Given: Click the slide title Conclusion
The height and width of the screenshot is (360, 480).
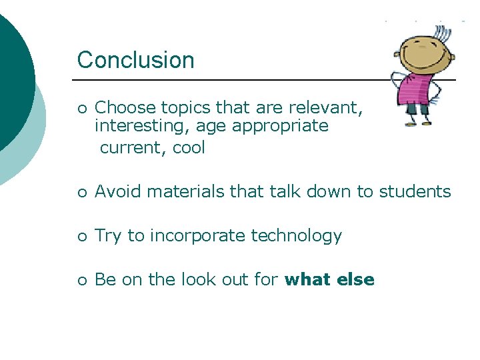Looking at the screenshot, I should tap(135, 60).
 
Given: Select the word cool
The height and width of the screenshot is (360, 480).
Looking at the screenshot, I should tap(189, 148).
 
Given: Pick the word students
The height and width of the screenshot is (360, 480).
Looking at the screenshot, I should tap(415, 192).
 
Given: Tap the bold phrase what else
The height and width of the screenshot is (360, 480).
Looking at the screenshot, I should tap(329, 280).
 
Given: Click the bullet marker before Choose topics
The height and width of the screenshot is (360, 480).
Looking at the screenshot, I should tap(81, 108).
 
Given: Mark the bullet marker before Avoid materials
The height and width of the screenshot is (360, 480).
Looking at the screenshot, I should tap(81, 193).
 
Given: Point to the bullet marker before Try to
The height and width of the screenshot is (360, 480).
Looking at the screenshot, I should tap(81, 237).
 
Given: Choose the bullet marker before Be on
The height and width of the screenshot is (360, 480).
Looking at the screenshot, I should tap(81, 281).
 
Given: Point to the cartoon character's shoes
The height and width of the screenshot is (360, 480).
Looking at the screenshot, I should tap(417, 123).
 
